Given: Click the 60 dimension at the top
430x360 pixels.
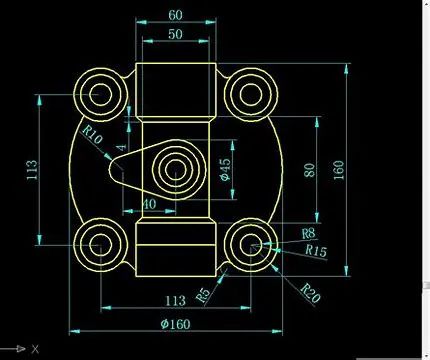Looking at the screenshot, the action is click(x=175, y=15).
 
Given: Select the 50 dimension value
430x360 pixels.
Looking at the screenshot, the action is click(x=175, y=34).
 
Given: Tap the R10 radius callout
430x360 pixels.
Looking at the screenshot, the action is click(x=92, y=134).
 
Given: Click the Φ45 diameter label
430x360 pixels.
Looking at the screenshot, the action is click(x=226, y=169).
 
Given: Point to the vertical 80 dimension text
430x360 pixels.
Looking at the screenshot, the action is click(x=309, y=170).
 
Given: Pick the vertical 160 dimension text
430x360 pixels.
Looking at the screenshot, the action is click(x=338, y=170).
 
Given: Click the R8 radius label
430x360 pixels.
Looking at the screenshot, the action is click(x=308, y=233).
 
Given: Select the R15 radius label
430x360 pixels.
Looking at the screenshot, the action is click(x=316, y=251).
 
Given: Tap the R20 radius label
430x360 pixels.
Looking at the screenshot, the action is click(x=310, y=293).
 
